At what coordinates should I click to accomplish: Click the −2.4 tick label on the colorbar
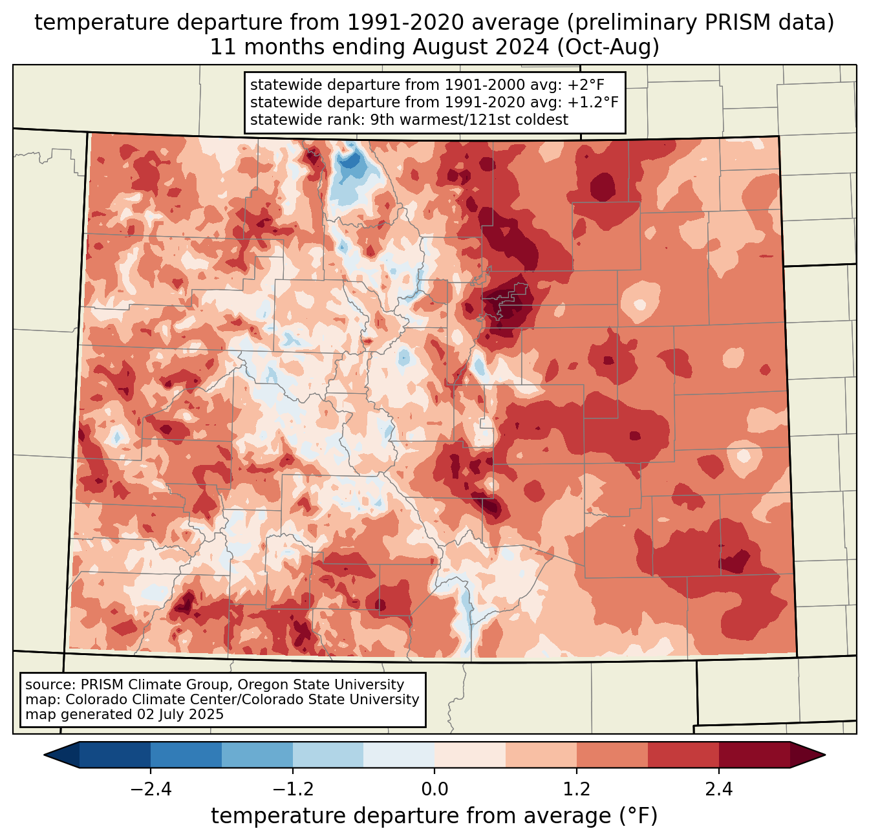click(x=151, y=790)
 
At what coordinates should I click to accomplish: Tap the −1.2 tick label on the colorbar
click(x=292, y=790)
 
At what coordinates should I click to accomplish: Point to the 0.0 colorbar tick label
click(x=434, y=790)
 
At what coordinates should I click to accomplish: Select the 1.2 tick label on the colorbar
click(x=577, y=790)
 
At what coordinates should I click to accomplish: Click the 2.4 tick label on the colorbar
click(x=718, y=790)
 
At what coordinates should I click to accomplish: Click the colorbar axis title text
click(x=434, y=816)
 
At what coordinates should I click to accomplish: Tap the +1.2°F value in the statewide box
click(x=593, y=102)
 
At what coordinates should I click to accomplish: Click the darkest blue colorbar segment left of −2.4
click(x=115, y=755)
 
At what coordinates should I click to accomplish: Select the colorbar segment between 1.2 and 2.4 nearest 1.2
click(x=612, y=755)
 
